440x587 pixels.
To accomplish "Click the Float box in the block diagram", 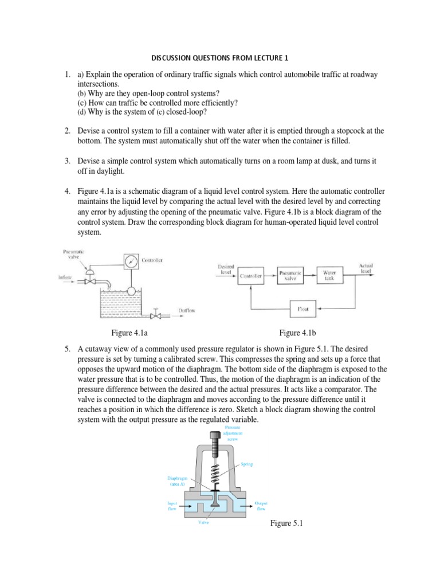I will click(303, 310).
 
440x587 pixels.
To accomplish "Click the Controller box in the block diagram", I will click(251, 276).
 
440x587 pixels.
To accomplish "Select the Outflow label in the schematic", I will click(187, 311).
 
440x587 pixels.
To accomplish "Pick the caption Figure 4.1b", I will click(298, 332).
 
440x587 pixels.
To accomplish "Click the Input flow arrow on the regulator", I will click(181, 506).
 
